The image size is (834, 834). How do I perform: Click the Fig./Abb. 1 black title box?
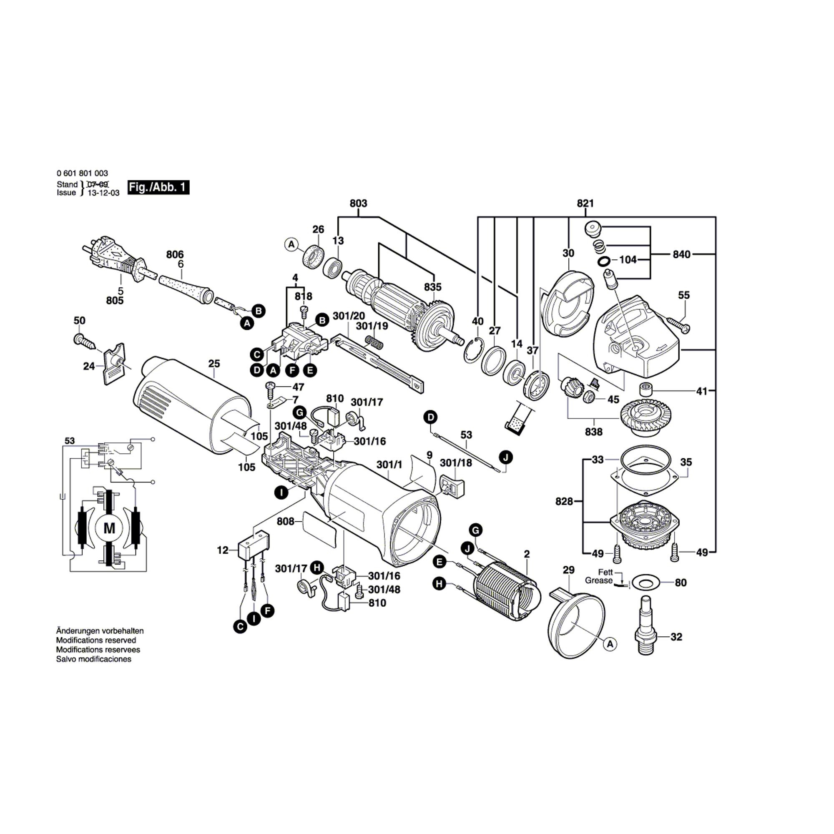click(158, 187)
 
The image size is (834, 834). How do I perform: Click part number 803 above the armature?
click(358, 203)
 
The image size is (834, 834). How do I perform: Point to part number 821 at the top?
click(585, 203)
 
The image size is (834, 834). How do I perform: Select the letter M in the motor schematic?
click(110, 528)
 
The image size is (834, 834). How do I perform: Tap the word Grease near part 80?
click(598, 580)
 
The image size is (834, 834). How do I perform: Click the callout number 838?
click(593, 432)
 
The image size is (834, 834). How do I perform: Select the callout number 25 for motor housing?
click(214, 364)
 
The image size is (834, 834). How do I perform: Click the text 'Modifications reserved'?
click(96, 640)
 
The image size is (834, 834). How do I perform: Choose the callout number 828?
click(564, 501)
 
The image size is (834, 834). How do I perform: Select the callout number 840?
click(681, 255)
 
